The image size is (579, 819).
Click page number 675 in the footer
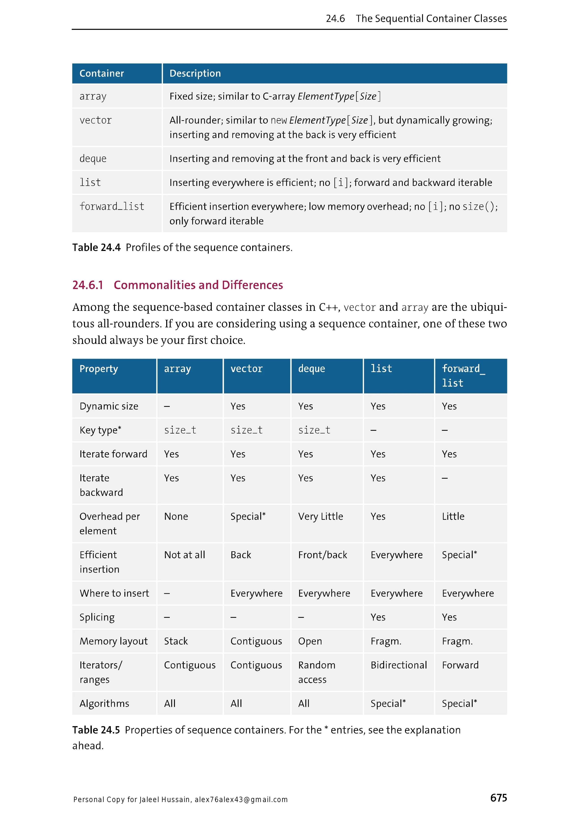498,798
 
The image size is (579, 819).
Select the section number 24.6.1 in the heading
88,285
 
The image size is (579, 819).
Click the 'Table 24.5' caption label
96,730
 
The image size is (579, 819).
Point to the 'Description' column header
195,74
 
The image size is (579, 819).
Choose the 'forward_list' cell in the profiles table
112,206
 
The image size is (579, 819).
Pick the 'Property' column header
99,369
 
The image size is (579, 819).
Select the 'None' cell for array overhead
176,516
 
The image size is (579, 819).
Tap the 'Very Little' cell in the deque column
321,516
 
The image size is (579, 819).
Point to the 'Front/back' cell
322,555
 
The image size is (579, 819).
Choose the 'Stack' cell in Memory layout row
176,641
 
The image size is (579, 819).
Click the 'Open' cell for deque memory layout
310,641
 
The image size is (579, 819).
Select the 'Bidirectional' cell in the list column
399,665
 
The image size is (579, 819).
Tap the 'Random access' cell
317,672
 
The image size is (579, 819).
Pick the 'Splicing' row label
97,617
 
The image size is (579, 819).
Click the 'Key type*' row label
100,430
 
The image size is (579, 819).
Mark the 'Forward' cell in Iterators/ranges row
460,665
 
